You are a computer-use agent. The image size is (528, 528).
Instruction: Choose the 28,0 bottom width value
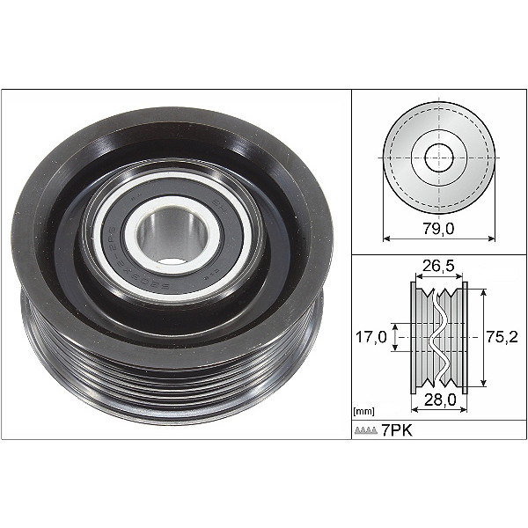[439, 401]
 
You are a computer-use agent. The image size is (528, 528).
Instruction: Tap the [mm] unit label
[362, 411]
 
